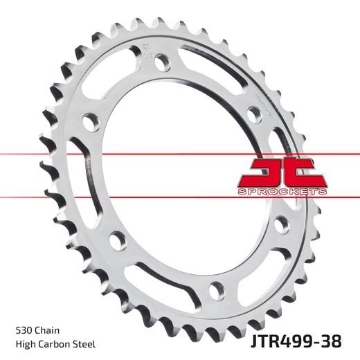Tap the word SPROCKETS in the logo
coord(282,190)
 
